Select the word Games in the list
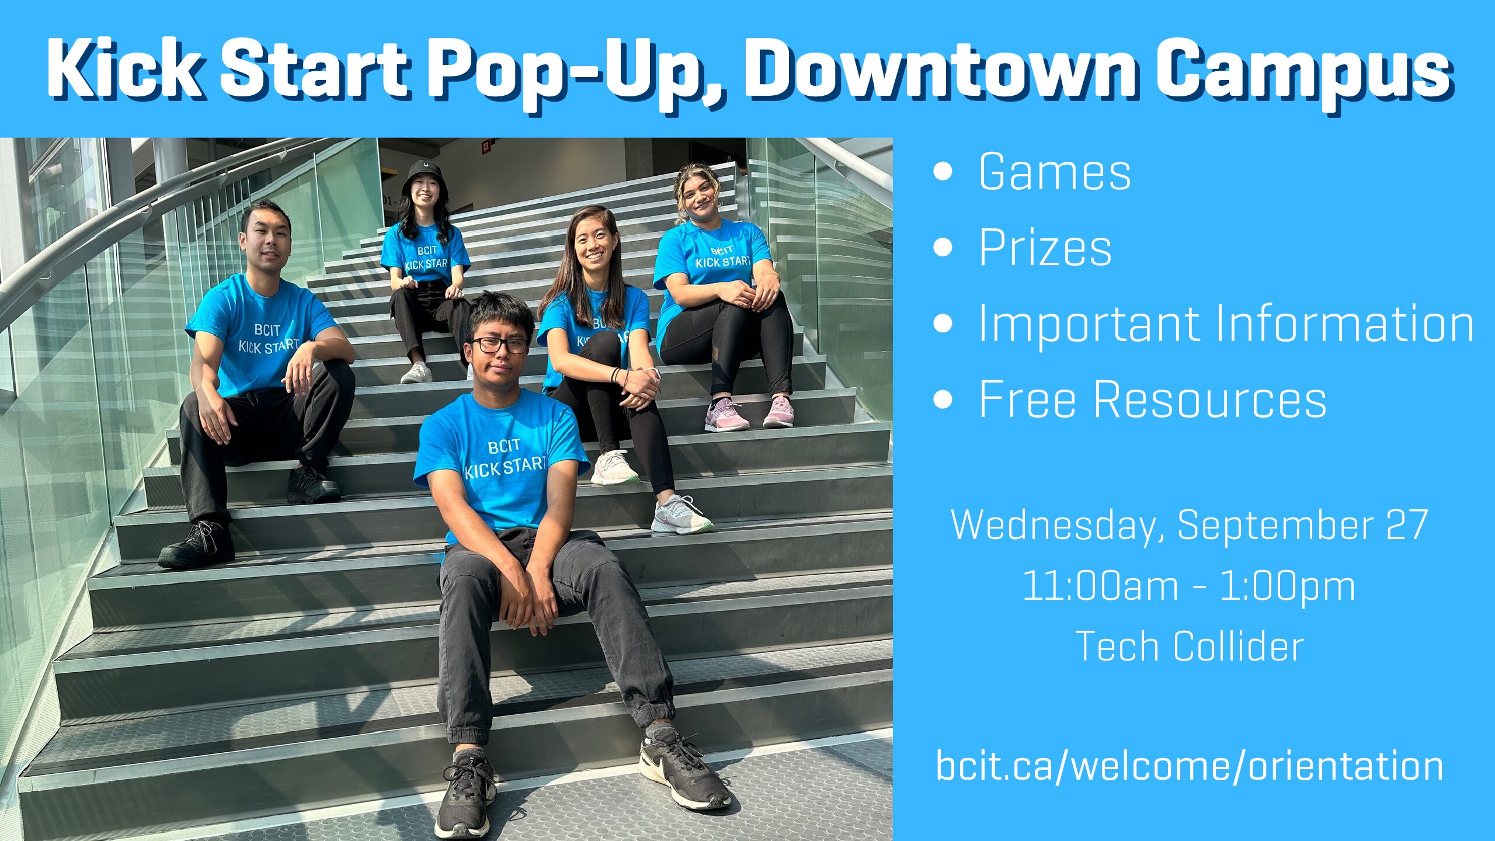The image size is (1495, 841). click(x=1055, y=172)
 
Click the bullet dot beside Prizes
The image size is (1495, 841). click(x=943, y=247)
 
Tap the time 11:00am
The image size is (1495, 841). click(x=1100, y=586)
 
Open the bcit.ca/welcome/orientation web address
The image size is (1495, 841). click(x=1189, y=766)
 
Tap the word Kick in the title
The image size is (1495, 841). click(x=125, y=68)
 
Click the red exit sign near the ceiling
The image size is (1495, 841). click(x=486, y=147)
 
